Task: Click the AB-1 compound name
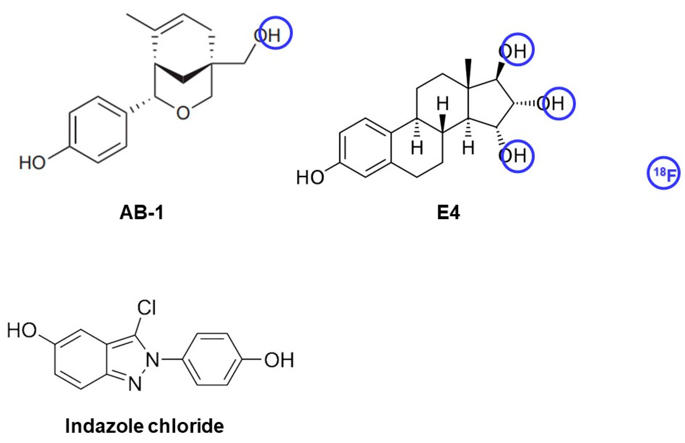(x=141, y=213)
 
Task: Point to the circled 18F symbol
(x=663, y=173)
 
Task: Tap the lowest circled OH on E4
(x=516, y=156)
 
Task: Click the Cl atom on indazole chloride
(x=146, y=307)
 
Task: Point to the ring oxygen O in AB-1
(x=183, y=113)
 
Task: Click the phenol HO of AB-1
(x=32, y=162)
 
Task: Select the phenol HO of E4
(x=310, y=178)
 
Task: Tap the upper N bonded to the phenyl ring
(x=153, y=360)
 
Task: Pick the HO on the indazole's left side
(x=22, y=330)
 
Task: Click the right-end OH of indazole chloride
(x=279, y=360)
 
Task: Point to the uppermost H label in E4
(x=442, y=104)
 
